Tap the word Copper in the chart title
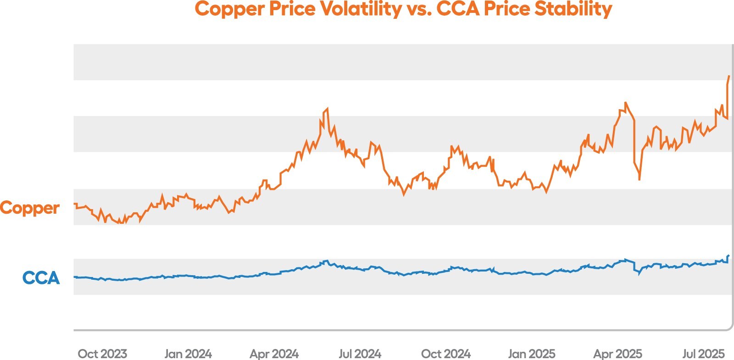coord(229,9)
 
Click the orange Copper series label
coord(30,208)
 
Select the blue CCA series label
coord(41,278)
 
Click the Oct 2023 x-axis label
coord(102,354)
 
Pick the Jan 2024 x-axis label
coord(188,354)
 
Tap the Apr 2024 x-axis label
coord(274,354)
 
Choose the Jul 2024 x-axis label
coord(360,354)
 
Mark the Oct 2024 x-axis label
coord(446,354)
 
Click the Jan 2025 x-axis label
coord(532,354)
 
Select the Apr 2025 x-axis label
coord(617,354)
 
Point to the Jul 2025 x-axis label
coord(703,354)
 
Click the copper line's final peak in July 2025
coord(729,76)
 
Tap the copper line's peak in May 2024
coord(327,109)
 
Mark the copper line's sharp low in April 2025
coord(639,179)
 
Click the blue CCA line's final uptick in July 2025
coord(728,256)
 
